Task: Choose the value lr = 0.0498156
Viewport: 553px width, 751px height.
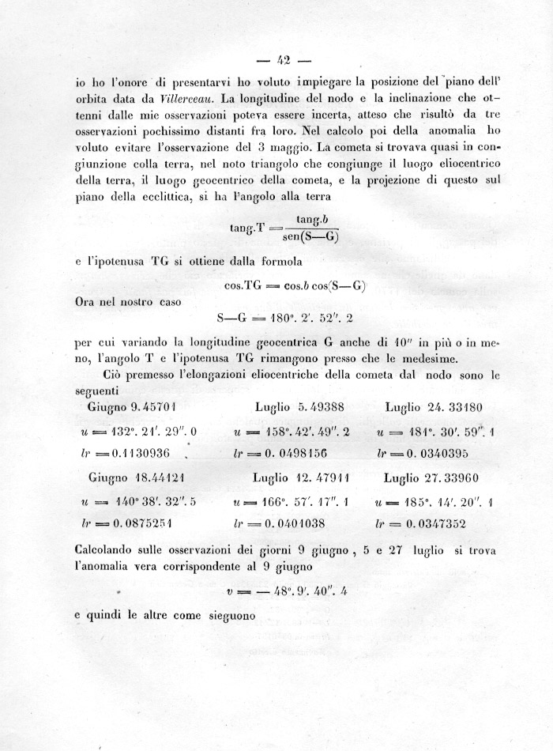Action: point(292,455)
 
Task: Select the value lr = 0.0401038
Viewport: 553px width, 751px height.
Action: point(292,523)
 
